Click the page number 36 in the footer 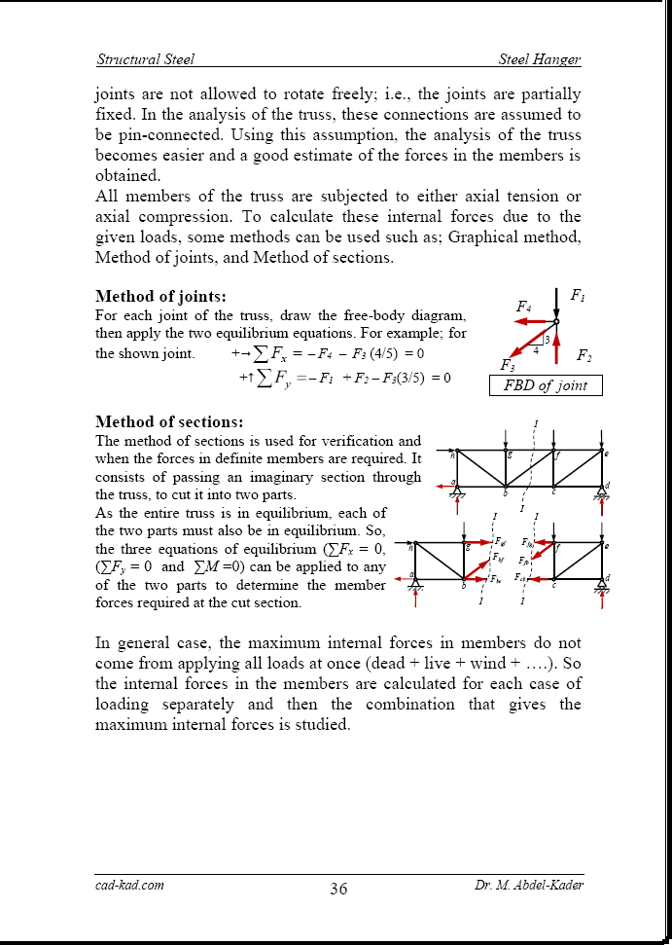[338, 889]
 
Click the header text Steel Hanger [540, 59]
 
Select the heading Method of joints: [160, 296]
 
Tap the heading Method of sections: [168, 422]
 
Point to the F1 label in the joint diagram [577, 295]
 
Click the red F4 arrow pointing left [533, 321]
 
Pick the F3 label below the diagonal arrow [507, 365]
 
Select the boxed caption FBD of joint [545, 385]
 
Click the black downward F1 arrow [556, 303]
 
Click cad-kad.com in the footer [129, 885]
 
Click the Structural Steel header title [145, 59]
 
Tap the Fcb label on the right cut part [522, 579]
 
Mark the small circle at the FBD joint [556, 321]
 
